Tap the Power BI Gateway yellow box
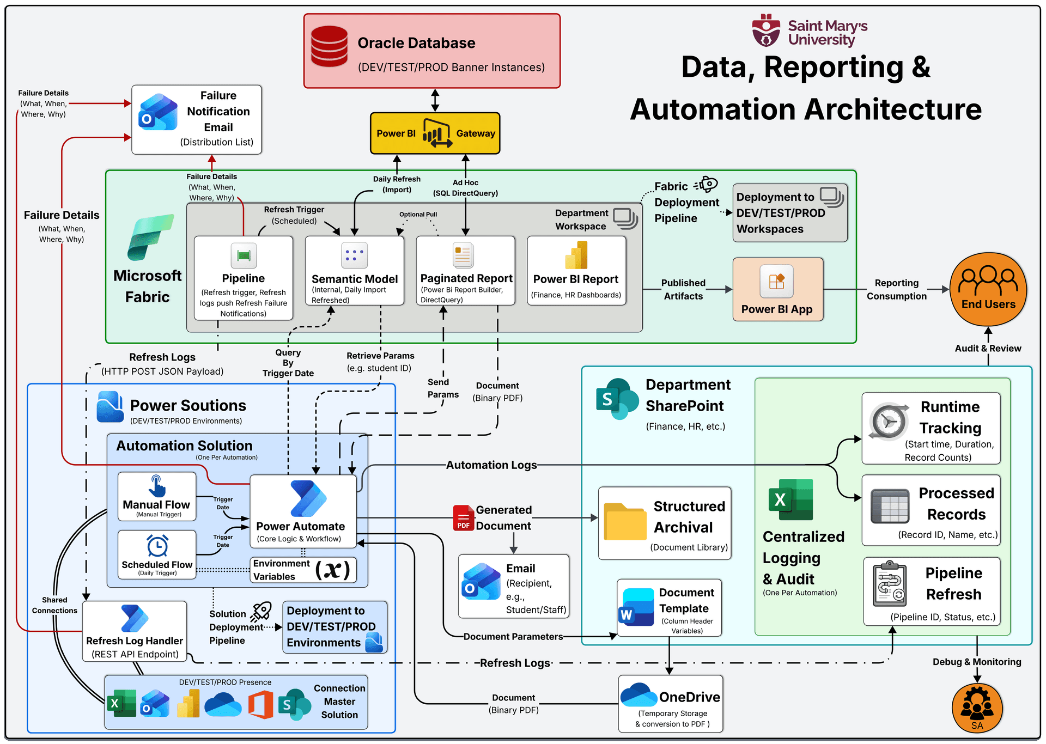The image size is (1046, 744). pos(435,133)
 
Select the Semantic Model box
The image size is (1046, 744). pos(354,271)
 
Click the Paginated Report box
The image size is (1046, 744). pos(465,271)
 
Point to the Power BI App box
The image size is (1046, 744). pos(777,290)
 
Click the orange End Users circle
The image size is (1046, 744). pos(988,289)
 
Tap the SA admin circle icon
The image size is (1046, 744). pos(977,708)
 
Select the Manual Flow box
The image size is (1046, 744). pos(157,496)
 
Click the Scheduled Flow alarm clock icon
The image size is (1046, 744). pos(157,546)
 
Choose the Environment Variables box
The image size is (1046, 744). pos(303,570)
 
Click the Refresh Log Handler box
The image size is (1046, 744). pos(135,632)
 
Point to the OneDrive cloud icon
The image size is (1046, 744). pos(638,694)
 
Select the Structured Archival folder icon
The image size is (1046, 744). pos(624,522)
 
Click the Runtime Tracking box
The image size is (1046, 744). pos(931,429)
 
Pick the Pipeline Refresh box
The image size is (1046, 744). pos(932,591)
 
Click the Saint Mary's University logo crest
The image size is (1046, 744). pos(766,31)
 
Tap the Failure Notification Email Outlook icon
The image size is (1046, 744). pos(158,112)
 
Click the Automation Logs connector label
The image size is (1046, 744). pos(491,465)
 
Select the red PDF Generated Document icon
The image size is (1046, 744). pos(463,518)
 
